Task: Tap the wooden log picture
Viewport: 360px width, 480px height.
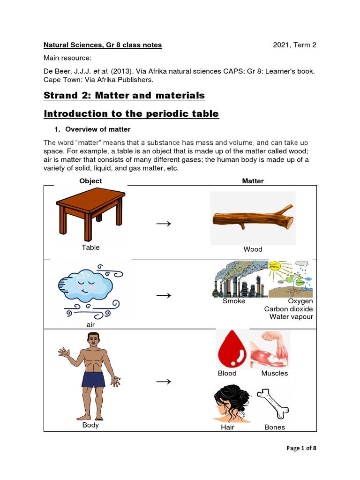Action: point(253,218)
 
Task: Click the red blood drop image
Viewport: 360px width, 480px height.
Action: point(232,349)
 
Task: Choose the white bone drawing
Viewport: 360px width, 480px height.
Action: point(275,404)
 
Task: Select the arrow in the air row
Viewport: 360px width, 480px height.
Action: point(164,295)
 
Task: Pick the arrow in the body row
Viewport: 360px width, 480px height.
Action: point(164,382)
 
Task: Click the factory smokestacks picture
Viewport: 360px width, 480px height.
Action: point(240,279)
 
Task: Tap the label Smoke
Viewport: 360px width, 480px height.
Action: point(234,301)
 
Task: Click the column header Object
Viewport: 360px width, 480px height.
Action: point(90,181)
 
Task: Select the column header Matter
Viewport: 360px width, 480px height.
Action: point(253,181)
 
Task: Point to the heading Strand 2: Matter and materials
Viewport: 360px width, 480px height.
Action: point(124,96)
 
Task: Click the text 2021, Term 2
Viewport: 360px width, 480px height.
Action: point(295,45)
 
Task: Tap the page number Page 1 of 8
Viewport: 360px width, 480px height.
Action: point(301,448)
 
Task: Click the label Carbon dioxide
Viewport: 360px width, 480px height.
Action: point(288,309)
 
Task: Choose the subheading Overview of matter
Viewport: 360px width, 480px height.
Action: point(97,129)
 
